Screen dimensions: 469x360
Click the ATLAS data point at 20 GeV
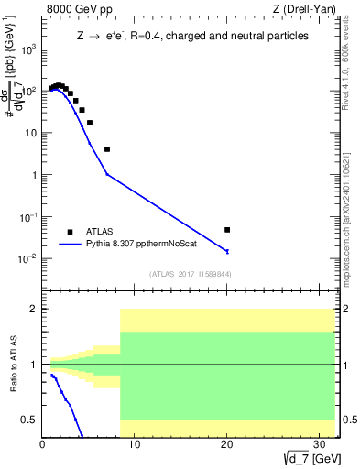(x=227, y=230)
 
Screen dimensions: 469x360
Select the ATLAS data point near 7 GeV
(x=107, y=149)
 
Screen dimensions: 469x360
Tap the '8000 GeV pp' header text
(x=75, y=10)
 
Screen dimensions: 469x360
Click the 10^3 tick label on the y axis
(x=28, y=49)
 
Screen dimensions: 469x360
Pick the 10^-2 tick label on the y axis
(x=28, y=258)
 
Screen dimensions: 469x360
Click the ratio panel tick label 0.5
(x=30, y=420)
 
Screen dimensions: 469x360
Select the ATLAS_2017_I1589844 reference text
(x=191, y=274)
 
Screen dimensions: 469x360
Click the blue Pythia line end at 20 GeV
(x=227, y=251)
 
